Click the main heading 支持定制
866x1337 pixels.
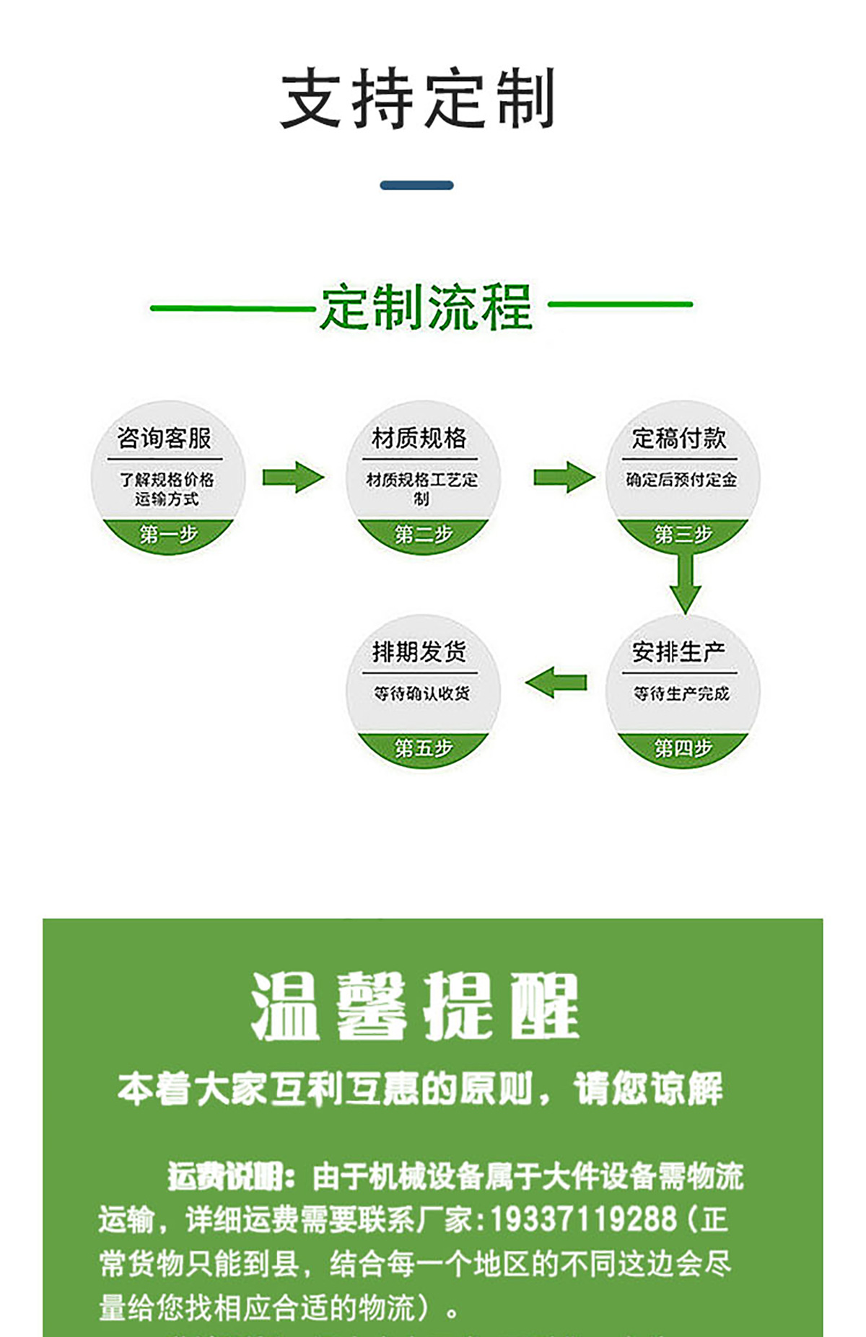(x=417, y=98)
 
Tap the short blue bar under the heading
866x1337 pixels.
(x=416, y=185)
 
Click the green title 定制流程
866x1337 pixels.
(x=426, y=308)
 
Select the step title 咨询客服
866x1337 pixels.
(x=165, y=438)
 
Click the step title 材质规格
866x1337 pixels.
(x=419, y=438)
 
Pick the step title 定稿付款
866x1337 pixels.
(x=679, y=438)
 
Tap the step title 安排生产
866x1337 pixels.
(x=679, y=652)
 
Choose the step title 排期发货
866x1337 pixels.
(x=419, y=652)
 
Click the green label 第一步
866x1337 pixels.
(x=168, y=535)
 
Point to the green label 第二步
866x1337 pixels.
(x=423, y=535)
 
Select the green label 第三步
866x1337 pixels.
(x=683, y=535)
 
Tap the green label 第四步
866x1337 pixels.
(x=683, y=748)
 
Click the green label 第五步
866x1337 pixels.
(x=423, y=748)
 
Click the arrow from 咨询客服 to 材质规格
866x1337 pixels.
(x=293, y=478)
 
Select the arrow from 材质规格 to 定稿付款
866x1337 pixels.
(x=564, y=478)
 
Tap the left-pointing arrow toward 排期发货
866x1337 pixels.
(x=556, y=683)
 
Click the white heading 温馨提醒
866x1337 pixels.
(x=415, y=1006)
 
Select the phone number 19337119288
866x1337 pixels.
(x=584, y=1219)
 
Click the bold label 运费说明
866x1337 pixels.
(x=230, y=1176)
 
